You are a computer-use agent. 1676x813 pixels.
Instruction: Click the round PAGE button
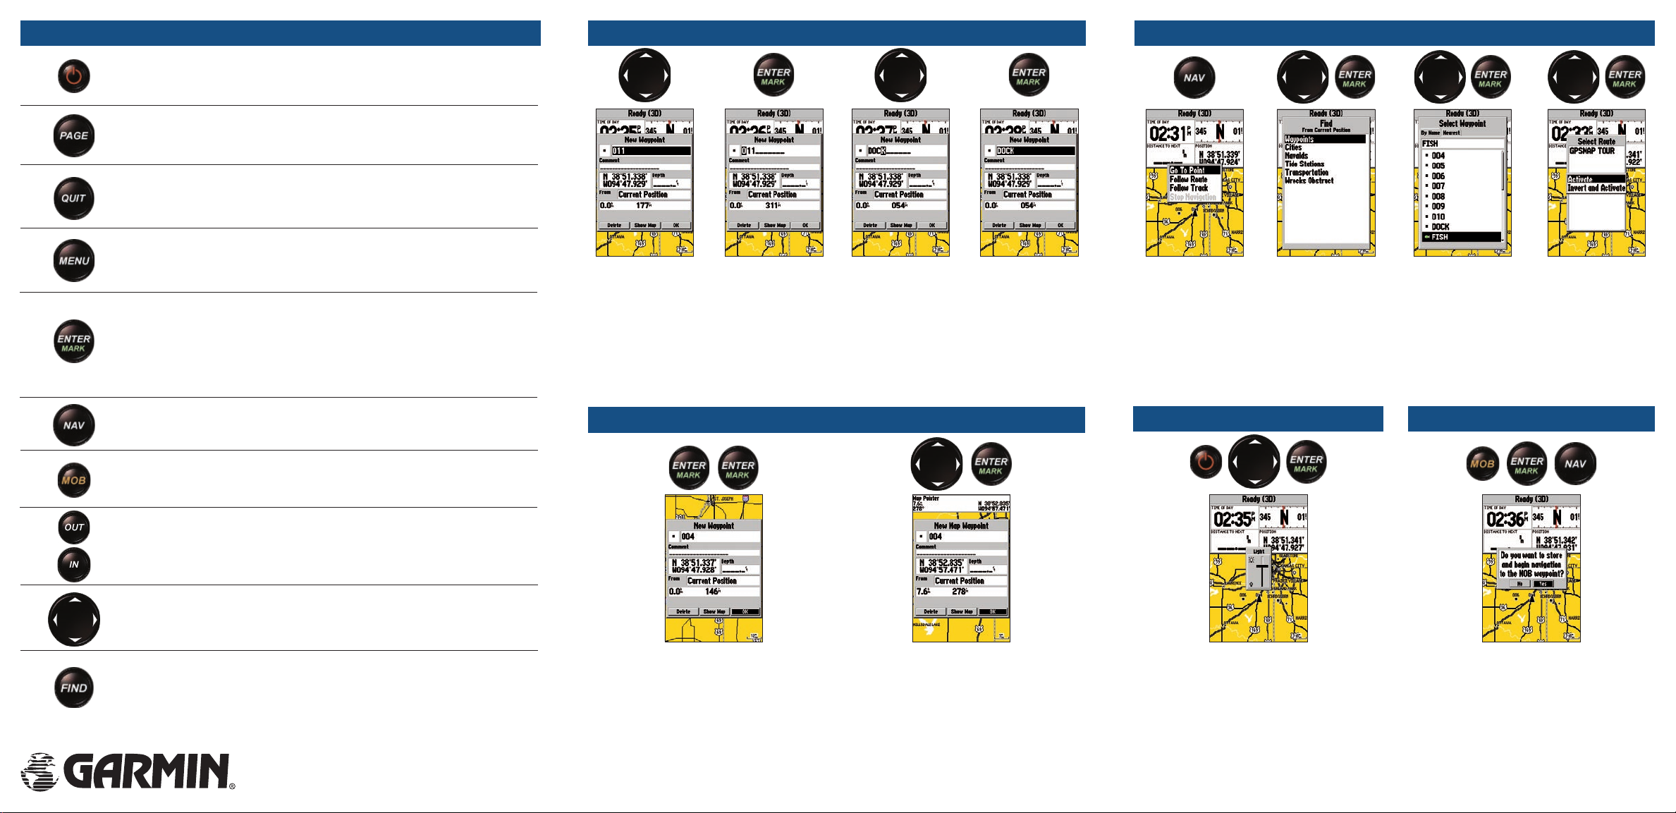(74, 135)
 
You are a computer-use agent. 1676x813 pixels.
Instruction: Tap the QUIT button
(74, 198)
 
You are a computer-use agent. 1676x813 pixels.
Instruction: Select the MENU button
(74, 261)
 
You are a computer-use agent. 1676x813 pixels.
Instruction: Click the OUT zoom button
(74, 527)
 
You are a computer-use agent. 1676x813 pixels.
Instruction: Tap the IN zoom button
(74, 564)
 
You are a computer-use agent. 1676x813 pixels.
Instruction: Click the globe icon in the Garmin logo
(39, 771)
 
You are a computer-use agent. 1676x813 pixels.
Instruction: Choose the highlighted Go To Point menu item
(1193, 171)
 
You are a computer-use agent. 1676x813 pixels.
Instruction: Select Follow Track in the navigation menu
(1189, 188)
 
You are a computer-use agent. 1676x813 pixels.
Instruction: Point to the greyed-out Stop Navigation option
(1192, 197)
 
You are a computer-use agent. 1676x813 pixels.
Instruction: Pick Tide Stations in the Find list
(1304, 164)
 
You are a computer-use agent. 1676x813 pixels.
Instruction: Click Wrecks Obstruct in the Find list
(1309, 181)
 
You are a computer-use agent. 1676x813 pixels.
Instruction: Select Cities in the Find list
(1293, 147)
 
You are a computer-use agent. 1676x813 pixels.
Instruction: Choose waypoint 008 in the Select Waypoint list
(1438, 197)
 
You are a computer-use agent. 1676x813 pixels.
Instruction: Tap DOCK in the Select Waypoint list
(1440, 227)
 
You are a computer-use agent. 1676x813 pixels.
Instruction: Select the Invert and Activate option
(1596, 189)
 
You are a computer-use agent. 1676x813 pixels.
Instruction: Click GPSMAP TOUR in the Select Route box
(1591, 151)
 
